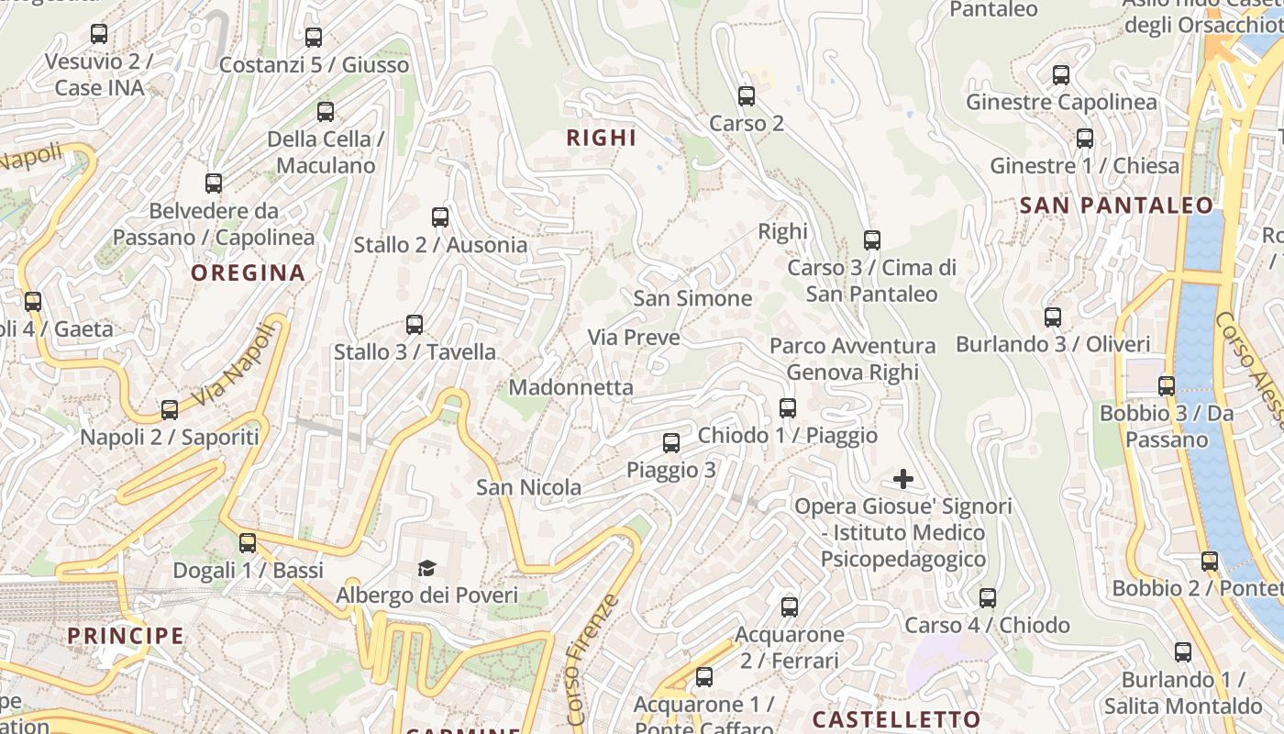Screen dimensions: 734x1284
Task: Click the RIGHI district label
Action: pyautogui.click(x=601, y=139)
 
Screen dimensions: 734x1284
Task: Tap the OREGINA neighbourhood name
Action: pyautogui.click(x=248, y=272)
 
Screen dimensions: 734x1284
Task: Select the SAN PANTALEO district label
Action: pyautogui.click(x=1116, y=206)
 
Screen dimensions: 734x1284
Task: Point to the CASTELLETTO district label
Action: pyautogui.click(x=896, y=718)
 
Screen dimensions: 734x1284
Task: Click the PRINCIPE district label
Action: pyautogui.click(x=126, y=635)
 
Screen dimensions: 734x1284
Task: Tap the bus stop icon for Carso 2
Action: pyautogui.click(x=747, y=95)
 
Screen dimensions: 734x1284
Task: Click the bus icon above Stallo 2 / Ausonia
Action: pyautogui.click(x=440, y=217)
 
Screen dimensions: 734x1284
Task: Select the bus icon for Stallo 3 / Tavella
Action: pyautogui.click(x=415, y=324)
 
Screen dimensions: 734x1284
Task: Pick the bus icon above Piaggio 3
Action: pyautogui.click(x=671, y=443)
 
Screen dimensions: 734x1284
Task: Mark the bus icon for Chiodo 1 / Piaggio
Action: pyautogui.click(x=788, y=408)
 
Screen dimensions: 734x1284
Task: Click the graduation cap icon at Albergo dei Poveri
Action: pyautogui.click(x=426, y=569)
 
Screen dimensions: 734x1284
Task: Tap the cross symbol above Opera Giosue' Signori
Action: pyautogui.click(x=903, y=479)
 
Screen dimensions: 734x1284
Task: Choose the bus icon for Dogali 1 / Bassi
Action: pyautogui.click(x=248, y=542)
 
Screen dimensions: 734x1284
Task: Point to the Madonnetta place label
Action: pyautogui.click(x=570, y=387)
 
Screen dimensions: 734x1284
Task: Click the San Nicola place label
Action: pyautogui.click(x=528, y=487)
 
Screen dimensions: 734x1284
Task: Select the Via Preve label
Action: pyautogui.click(x=634, y=338)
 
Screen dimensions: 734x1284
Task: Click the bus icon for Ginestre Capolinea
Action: pyautogui.click(x=1061, y=75)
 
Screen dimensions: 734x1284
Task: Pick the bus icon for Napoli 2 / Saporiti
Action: pyautogui.click(x=170, y=409)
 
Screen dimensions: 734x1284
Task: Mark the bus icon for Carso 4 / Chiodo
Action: pyautogui.click(x=988, y=598)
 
